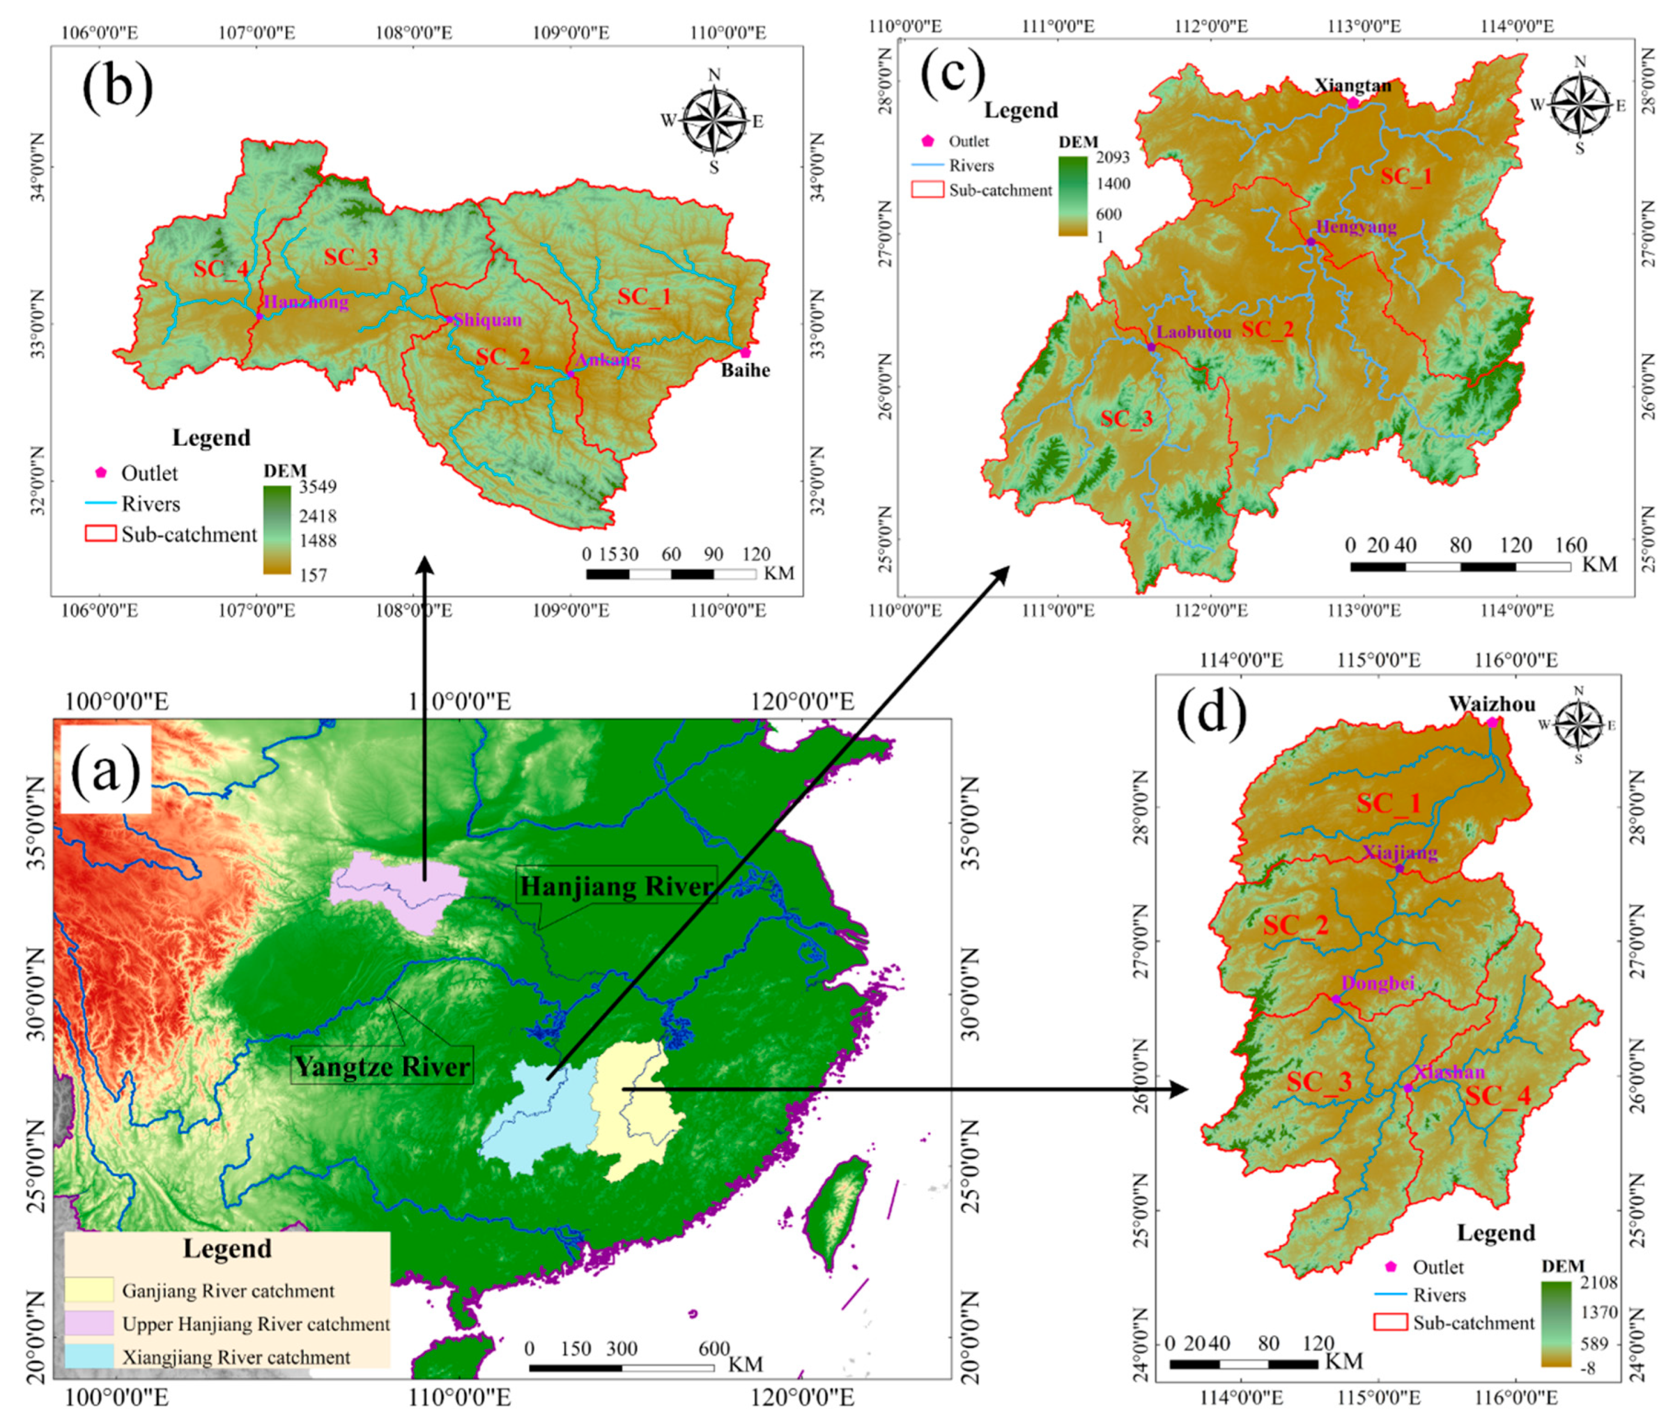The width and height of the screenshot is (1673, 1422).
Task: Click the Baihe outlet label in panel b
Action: pyautogui.click(x=745, y=371)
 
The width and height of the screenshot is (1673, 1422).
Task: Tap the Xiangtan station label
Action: pyautogui.click(x=1352, y=86)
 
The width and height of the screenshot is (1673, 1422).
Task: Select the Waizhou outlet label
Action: pyautogui.click(x=1491, y=704)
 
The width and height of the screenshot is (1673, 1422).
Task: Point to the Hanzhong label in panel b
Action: pyautogui.click(x=306, y=302)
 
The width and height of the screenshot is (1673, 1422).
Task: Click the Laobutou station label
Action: pyautogui.click(x=1193, y=332)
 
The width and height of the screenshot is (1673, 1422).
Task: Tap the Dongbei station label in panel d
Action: pyautogui.click(x=1377, y=984)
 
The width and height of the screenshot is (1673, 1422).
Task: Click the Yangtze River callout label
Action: pyautogui.click(x=382, y=1066)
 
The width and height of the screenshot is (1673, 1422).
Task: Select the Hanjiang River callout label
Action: pyautogui.click(x=616, y=886)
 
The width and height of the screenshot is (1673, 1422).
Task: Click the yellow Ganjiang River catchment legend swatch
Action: pyautogui.click(x=90, y=1290)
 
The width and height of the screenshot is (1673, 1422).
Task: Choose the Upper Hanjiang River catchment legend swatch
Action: pyautogui.click(x=90, y=1324)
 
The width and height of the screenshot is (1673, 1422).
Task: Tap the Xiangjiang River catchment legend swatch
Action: pyautogui.click(x=90, y=1357)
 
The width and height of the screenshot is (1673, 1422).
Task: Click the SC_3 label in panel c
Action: pyautogui.click(x=1126, y=419)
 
